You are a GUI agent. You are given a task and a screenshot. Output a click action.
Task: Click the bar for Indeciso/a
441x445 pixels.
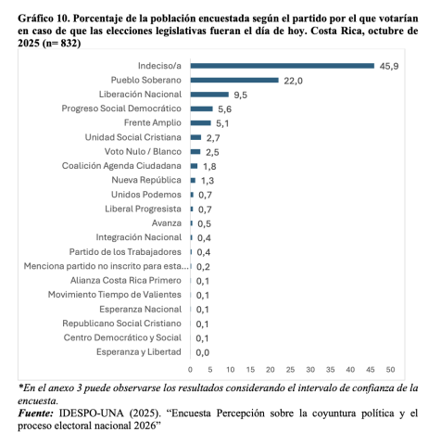click(282, 66)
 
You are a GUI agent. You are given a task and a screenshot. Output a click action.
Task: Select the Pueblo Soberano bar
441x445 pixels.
click(233, 81)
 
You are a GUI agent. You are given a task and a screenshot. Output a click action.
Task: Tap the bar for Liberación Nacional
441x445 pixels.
click(208, 95)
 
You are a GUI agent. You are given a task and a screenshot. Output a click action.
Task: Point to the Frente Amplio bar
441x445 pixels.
click(200, 122)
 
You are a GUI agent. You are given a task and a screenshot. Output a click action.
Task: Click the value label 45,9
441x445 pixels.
click(388, 66)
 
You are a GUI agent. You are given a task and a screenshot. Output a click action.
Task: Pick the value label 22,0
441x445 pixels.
click(293, 81)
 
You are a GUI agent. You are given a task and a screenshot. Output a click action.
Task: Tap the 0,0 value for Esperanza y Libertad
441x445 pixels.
click(202, 352)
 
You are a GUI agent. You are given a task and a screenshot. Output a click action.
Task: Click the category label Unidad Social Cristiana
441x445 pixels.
click(130, 137)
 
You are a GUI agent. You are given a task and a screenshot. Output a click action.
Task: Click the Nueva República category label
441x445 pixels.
click(145, 180)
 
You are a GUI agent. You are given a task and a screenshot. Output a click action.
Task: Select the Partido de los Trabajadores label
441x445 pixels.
click(125, 252)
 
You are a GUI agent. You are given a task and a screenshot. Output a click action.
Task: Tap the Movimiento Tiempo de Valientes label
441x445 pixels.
click(115, 295)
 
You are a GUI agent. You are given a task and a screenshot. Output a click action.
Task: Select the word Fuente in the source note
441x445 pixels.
click(39, 412)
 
